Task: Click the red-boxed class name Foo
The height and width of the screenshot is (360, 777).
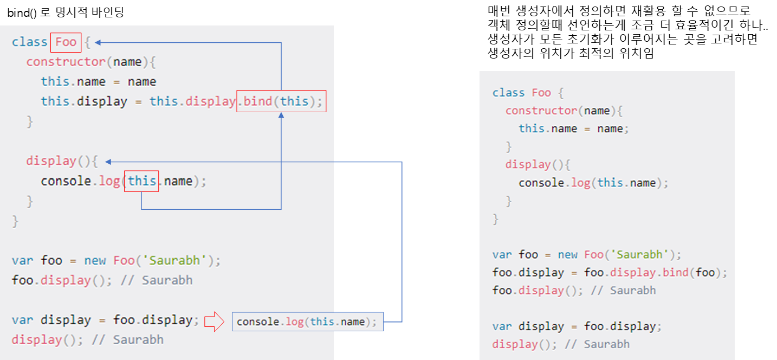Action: [66, 42]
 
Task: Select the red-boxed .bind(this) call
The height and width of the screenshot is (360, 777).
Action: [281, 101]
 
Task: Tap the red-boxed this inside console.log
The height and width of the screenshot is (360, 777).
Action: [141, 181]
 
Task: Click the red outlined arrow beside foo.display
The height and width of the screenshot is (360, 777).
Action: [213, 322]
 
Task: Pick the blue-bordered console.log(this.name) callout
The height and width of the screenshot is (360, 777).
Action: [307, 322]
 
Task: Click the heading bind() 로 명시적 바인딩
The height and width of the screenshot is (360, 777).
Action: [66, 12]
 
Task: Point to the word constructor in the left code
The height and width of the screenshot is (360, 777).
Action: [66, 62]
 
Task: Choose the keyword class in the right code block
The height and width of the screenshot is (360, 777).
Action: [508, 93]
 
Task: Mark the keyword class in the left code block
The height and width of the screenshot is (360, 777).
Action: [29, 42]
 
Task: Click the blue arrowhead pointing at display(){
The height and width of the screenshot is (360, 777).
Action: [108, 162]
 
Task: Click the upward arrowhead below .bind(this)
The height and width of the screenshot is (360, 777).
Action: [281, 116]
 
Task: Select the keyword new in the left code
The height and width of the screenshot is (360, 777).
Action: [95, 261]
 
